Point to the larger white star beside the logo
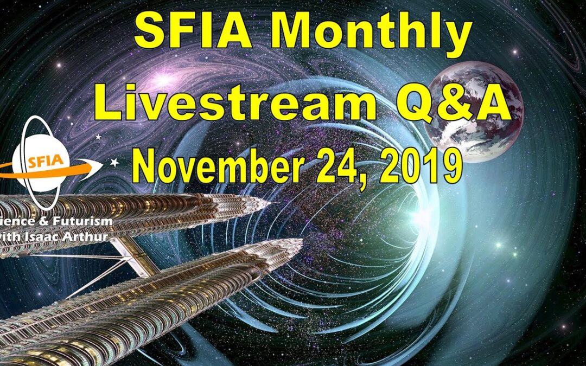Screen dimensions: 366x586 click(114, 162)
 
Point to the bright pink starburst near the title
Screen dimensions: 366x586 click(163, 81)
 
